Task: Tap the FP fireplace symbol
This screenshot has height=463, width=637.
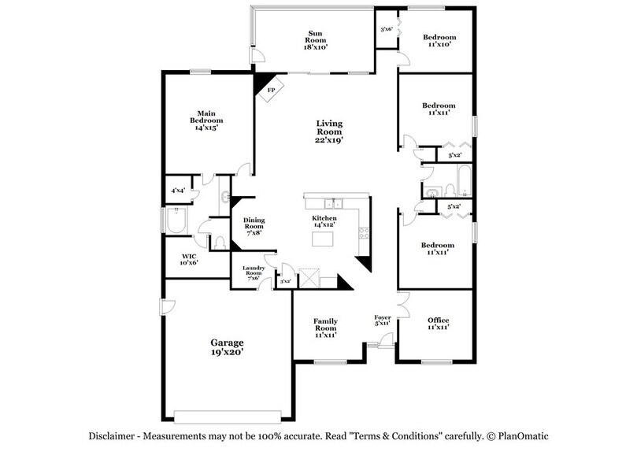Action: [270, 87]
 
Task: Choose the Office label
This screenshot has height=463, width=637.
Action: [438, 324]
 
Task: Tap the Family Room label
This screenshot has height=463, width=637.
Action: [325, 326]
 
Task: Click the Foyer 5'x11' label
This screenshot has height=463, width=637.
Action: [382, 320]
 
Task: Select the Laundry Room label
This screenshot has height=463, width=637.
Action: [253, 272]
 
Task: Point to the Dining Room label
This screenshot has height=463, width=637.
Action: [252, 226]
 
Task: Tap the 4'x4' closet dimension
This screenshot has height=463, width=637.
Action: [178, 191]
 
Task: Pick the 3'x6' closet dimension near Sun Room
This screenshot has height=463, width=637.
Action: [387, 30]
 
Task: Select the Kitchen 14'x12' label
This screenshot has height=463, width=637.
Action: [324, 221]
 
